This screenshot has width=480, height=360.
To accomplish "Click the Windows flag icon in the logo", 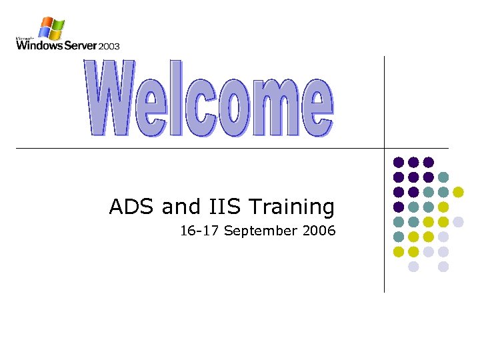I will [x=51, y=29].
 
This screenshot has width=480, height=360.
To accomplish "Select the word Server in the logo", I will [x=77, y=45].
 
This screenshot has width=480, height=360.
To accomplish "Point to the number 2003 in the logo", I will [x=109, y=46].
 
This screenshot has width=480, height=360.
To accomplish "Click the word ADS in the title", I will [x=132, y=207].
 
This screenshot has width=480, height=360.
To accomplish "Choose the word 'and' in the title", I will [x=177, y=207].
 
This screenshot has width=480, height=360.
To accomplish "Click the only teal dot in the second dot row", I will [x=443, y=177].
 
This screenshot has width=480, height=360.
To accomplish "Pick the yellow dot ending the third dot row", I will [x=458, y=192].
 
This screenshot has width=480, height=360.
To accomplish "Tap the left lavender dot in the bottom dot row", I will [x=413, y=267].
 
